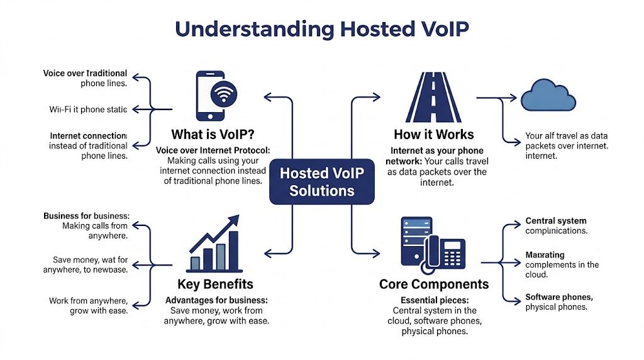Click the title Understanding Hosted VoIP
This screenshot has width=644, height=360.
[321, 30]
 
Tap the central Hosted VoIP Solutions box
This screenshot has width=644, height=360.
[322, 182]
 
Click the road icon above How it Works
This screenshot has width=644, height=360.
[433, 97]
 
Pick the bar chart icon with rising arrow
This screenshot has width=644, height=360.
[214, 243]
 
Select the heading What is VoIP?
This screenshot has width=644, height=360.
[213, 135]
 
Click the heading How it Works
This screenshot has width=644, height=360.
[433, 134]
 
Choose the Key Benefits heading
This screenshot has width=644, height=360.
[215, 284]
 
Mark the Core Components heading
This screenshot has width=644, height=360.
[433, 284]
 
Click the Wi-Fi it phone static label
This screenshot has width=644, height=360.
[88, 110]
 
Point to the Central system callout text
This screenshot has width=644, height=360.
[556, 226]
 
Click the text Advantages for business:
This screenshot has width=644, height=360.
[216, 300]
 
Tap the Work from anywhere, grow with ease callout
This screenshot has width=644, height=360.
[88, 305]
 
